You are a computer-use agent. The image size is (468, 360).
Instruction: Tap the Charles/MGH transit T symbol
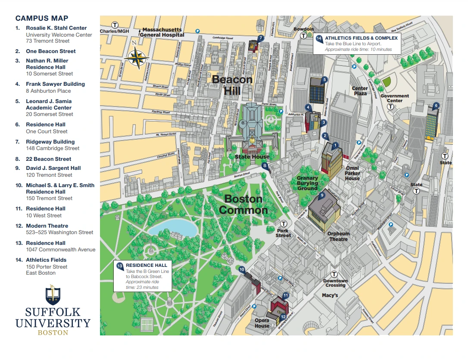(x=115, y=25)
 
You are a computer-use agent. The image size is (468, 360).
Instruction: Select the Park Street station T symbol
(x=284, y=224)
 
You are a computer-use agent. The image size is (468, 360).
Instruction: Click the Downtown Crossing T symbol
(x=334, y=274)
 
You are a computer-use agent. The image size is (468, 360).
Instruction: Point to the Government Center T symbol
(x=390, y=106)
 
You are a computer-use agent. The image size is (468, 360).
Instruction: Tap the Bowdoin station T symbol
(x=304, y=35)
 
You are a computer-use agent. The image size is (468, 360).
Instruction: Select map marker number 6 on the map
(x=436, y=105)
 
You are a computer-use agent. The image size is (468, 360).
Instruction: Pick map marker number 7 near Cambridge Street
(x=260, y=38)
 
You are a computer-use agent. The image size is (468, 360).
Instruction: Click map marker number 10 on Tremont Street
(x=242, y=269)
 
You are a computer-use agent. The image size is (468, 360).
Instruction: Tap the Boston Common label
(x=243, y=204)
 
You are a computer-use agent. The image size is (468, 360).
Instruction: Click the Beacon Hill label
(x=232, y=85)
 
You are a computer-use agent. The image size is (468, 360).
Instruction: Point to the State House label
(x=252, y=157)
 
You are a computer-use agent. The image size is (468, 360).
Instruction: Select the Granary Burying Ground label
(x=307, y=183)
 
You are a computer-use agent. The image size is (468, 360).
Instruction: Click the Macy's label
(x=330, y=295)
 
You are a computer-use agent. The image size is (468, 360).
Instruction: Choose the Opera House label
(x=262, y=323)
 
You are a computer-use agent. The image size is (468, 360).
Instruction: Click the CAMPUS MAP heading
(x=41, y=18)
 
